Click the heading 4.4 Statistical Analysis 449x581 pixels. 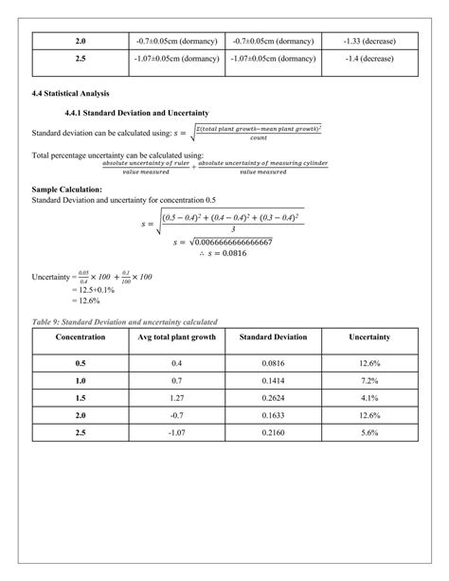71,93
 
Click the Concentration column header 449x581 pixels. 80,337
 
